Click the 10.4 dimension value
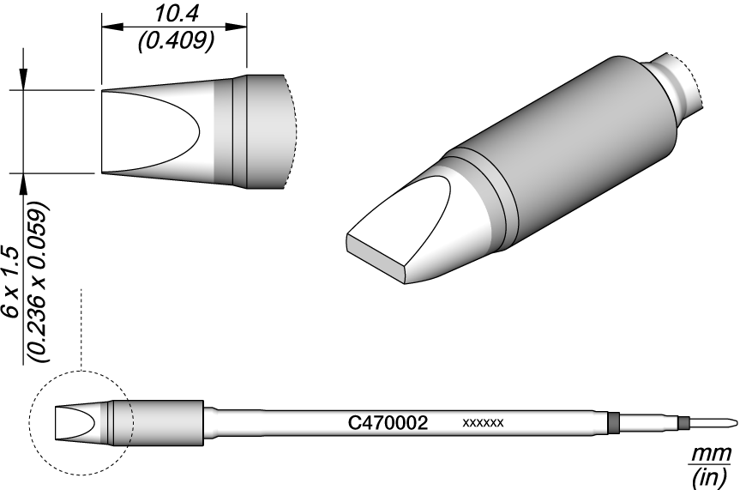pyautogui.click(x=176, y=15)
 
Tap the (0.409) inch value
pyautogui.click(x=176, y=41)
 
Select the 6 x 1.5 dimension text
pyautogui.click(x=10, y=281)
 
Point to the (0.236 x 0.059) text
pyautogui.click(x=37, y=282)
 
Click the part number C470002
pyautogui.click(x=388, y=423)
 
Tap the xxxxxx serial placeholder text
pyautogui.click(x=484, y=423)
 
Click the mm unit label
pyautogui.click(x=711, y=455)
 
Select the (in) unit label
pyautogui.click(x=709, y=478)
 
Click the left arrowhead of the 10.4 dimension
pyautogui.click(x=112, y=27)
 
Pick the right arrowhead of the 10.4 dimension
pyautogui.click(x=236, y=27)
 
